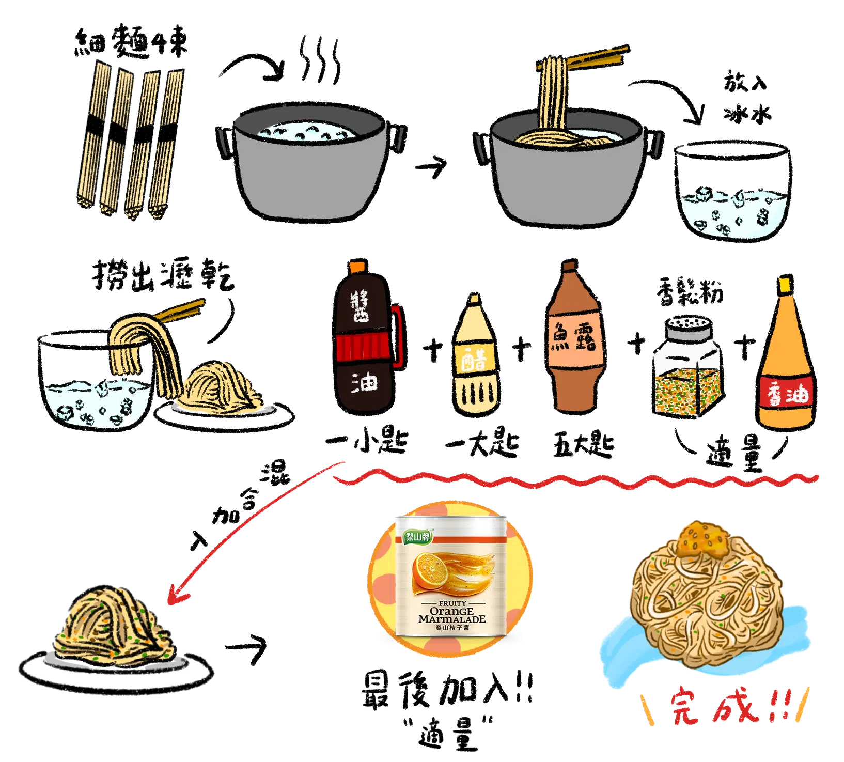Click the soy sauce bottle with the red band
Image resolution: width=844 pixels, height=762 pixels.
tap(364, 341)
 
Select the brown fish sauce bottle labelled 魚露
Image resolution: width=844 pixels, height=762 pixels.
tap(573, 341)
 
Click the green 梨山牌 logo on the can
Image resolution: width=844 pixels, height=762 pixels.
tap(418, 537)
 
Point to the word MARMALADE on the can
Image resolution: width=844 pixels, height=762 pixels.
tap(452, 619)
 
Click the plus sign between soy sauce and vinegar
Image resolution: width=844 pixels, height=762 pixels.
tap(433, 349)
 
